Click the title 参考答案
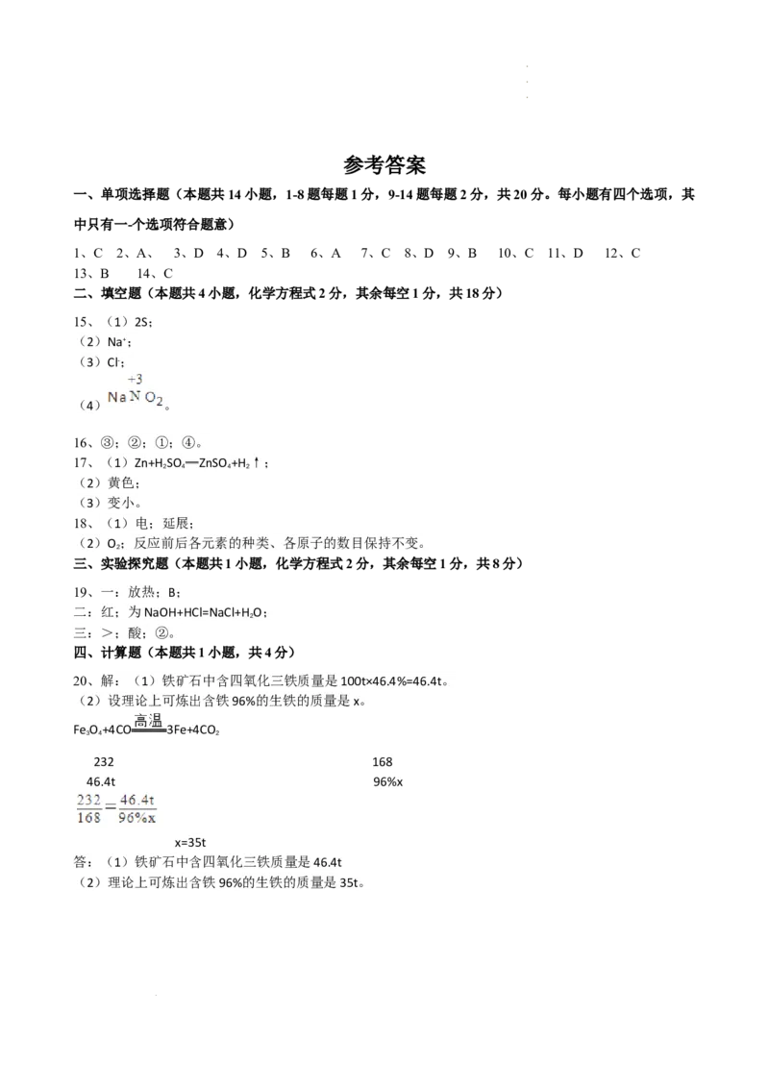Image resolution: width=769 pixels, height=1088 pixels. click(x=384, y=165)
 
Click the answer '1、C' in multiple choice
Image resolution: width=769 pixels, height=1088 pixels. click(x=88, y=254)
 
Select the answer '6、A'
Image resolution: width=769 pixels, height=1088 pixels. click(x=326, y=254)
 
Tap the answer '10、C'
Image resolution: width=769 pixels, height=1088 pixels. click(x=515, y=254)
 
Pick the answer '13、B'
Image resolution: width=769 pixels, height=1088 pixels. click(x=91, y=273)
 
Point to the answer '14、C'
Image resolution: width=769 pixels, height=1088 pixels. click(x=155, y=273)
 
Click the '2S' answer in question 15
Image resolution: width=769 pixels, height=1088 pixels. click(x=141, y=322)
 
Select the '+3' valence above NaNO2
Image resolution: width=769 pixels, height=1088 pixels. click(x=136, y=379)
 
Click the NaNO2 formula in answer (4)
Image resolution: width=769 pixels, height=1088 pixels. click(x=136, y=398)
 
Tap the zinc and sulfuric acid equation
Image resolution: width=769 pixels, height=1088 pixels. click(x=196, y=463)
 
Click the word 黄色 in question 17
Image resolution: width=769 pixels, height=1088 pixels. click(x=121, y=482)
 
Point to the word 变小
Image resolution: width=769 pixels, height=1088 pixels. click(x=121, y=503)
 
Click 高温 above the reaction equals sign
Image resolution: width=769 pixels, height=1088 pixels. click(x=149, y=720)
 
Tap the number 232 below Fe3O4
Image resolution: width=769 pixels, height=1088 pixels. click(x=104, y=762)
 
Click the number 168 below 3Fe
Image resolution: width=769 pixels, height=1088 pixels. click(x=383, y=762)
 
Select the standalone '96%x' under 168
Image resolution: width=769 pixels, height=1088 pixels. click(x=388, y=782)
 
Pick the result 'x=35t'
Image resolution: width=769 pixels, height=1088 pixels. click(x=190, y=842)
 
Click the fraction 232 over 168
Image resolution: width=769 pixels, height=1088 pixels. click(x=88, y=809)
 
